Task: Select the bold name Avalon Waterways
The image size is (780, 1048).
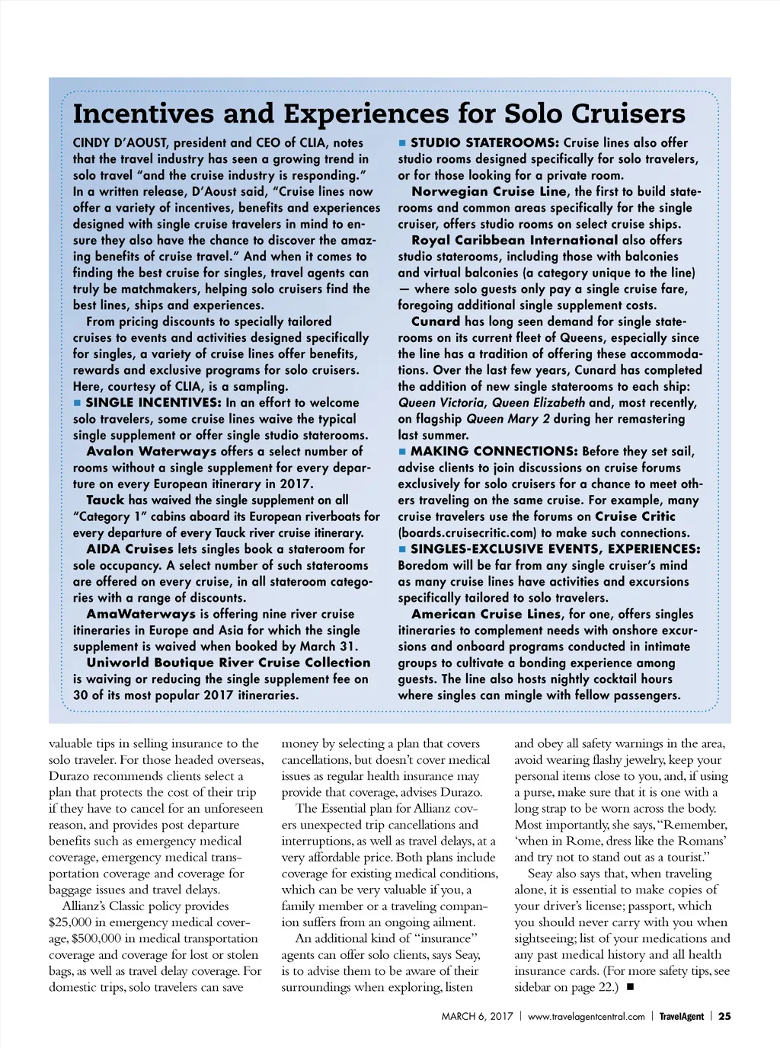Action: (152, 452)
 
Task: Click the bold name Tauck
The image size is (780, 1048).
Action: (105, 500)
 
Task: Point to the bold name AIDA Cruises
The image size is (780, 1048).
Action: (130, 549)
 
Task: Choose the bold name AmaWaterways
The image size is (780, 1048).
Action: (141, 614)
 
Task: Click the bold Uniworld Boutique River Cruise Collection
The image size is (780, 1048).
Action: (228, 663)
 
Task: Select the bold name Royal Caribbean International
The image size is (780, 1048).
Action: (514, 241)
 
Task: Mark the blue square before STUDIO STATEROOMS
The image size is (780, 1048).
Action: (402, 143)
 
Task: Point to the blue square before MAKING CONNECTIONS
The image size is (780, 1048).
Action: (402, 452)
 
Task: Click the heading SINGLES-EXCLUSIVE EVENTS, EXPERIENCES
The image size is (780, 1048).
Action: (555, 549)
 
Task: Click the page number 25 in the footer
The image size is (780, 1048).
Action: (724, 1016)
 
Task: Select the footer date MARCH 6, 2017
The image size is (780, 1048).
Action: (477, 1017)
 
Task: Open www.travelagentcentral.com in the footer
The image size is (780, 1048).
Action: (586, 1017)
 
